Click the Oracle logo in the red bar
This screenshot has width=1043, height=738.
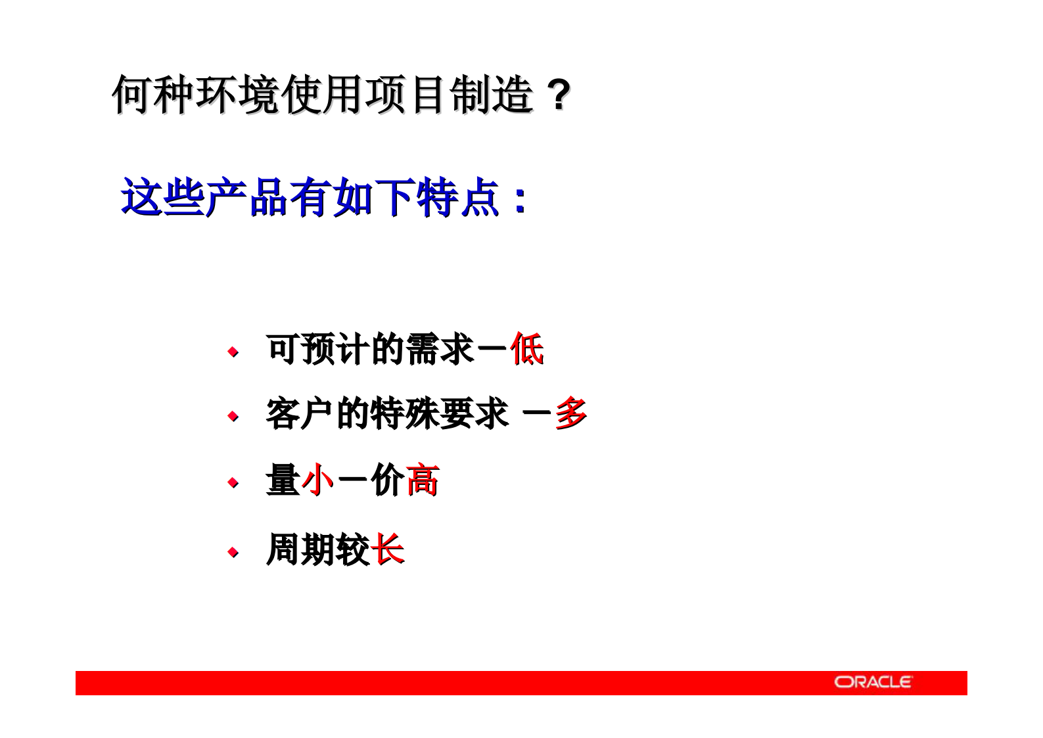tap(873, 682)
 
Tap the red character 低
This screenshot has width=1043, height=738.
tap(526, 349)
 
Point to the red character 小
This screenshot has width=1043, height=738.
tap(318, 480)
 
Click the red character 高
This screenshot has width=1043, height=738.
tap(422, 480)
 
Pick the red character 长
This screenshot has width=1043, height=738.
tap(387, 550)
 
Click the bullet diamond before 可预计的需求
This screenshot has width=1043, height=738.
tap(233, 352)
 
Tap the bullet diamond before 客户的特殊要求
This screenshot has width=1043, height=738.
tap(233, 417)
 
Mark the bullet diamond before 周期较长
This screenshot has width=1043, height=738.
tap(233, 552)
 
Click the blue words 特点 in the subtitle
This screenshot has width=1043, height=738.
tap(457, 197)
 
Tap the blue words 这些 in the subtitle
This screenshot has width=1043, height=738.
tap(162, 197)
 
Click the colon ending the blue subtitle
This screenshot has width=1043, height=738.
tap(520, 200)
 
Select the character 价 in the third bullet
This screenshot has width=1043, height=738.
tap(387, 480)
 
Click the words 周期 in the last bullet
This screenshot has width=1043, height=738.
tap(300, 550)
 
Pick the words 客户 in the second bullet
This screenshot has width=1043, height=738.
tap(300, 414)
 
